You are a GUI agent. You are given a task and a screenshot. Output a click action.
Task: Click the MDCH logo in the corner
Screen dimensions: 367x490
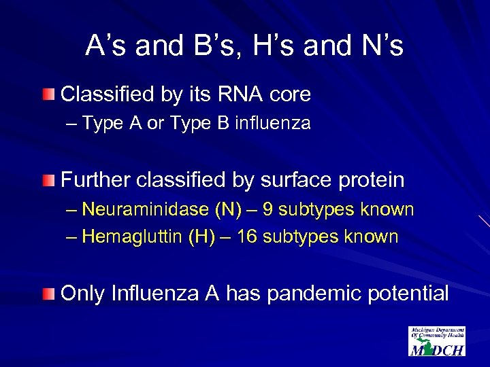tap(436, 341)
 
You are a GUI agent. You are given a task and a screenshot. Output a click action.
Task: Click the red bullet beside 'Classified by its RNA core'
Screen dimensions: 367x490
tap(46, 94)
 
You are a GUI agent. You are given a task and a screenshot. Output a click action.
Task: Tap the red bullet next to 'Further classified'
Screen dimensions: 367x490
tap(46, 181)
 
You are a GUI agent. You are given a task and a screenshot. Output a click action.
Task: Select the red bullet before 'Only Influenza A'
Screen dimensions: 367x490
tap(46, 294)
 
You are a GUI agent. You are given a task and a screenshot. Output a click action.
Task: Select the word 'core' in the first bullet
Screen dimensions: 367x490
tap(290, 94)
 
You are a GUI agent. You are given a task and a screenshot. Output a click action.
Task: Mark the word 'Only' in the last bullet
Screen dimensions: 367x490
tap(82, 294)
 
